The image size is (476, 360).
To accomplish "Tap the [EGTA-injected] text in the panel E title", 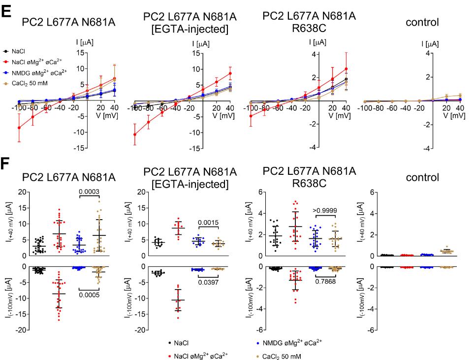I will click(190, 30).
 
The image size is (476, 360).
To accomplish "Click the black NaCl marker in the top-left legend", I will click(5, 50).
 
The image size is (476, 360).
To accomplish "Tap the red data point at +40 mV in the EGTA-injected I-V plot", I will click(230, 73).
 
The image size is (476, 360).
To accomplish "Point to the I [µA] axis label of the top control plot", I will click(430, 44).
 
